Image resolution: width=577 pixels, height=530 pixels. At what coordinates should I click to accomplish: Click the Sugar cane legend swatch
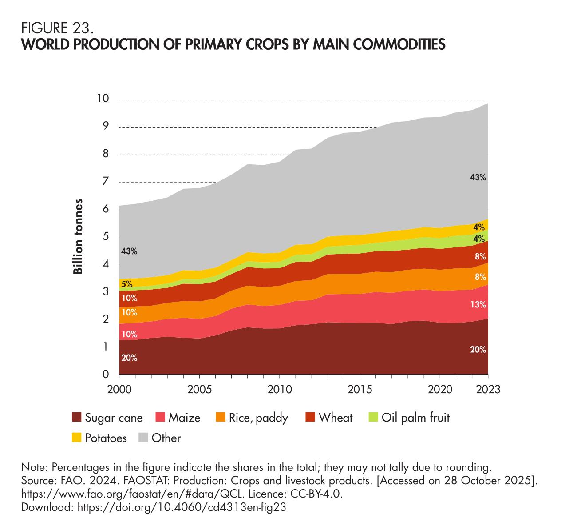click(x=77, y=418)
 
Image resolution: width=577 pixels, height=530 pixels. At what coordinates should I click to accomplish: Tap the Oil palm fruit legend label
click(x=416, y=418)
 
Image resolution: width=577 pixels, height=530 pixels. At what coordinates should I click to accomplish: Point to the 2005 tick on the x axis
click(x=199, y=389)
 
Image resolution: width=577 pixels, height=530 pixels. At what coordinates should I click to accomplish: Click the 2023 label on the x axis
click(x=488, y=389)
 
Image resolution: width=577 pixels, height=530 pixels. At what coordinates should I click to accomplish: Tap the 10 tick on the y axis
click(x=103, y=98)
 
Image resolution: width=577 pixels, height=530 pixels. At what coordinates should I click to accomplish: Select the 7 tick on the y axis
click(x=106, y=181)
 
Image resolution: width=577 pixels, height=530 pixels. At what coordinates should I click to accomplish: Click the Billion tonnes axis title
click(x=79, y=236)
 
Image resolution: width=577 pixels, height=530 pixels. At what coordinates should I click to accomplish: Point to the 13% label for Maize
click(x=478, y=305)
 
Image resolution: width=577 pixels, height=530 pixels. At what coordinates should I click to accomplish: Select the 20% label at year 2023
click(x=478, y=350)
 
